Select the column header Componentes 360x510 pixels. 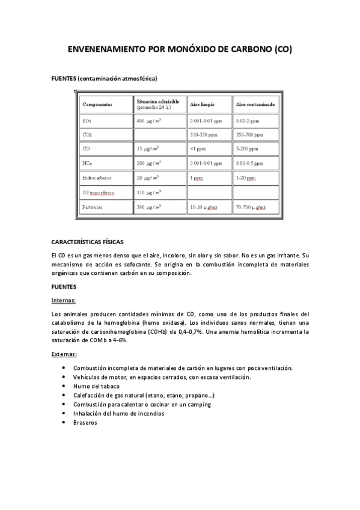point(97,105)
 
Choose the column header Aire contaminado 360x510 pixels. point(255,105)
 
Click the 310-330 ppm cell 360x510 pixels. point(204,135)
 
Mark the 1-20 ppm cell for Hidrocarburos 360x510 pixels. point(246,179)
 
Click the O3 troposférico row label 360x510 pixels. point(99,193)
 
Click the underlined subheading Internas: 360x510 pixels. point(64,300)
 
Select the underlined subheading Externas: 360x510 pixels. point(64,354)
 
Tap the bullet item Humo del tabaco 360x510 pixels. point(96,386)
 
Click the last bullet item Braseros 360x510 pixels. point(85,422)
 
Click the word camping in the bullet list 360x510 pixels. point(198,404)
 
